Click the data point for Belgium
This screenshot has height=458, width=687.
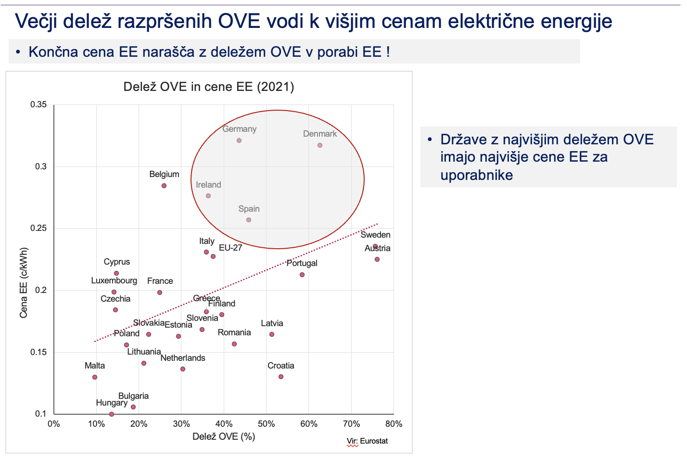[x=164, y=186]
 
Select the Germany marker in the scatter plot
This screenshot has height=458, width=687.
[x=239, y=140]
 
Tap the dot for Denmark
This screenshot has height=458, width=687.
[x=320, y=145]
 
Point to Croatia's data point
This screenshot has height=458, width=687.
[x=281, y=377]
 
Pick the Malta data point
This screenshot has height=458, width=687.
[x=95, y=377]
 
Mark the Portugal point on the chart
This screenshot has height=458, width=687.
[x=302, y=275]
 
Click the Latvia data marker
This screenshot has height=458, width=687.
[x=272, y=334]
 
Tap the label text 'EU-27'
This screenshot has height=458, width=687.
[x=230, y=248]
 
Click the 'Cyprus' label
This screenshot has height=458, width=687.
[x=117, y=262]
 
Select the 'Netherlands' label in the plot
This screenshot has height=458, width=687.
[x=183, y=358]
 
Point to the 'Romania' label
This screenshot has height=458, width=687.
[x=234, y=332]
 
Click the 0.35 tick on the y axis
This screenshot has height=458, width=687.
[x=38, y=104]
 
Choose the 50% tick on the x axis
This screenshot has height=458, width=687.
[x=266, y=424]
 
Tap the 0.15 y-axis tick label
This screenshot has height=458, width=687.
[x=38, y=352]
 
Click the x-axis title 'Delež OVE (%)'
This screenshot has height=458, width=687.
[x=224, y=436]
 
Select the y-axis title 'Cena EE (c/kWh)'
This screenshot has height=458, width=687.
[x=24, y=282]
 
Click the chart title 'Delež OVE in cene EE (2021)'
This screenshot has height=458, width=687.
[x=209, y=87]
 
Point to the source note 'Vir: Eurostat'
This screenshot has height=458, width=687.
[x=367, y=441]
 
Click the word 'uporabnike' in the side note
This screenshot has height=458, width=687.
[x=477, y=175]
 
